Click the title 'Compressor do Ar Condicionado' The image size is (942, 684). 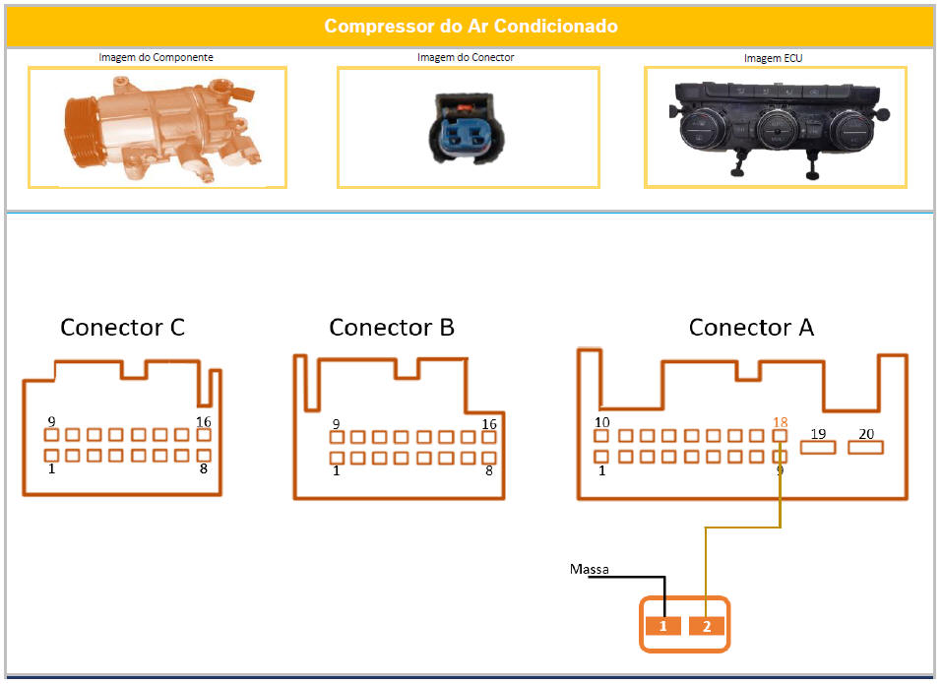pos(471,26)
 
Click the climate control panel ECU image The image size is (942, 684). pos(775,128)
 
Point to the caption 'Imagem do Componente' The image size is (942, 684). pos(156,57)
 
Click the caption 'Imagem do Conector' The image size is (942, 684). pos(466,57)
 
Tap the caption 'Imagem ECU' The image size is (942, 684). pos(775,58)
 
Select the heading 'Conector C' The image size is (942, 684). pos(122,327)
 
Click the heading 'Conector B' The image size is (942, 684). pos(392,327)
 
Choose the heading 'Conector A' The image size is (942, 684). pos(751,327)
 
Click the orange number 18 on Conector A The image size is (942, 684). pos(781,422)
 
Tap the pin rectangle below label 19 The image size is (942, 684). pos(818,448)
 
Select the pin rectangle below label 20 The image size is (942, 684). pos(866,448)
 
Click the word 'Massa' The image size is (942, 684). pos(589,569)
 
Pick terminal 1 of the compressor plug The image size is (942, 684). pos(663,626)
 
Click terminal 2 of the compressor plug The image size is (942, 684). pos(707,626)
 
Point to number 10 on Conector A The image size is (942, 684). pos(602,422)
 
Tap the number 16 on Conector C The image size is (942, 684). pos(204,421)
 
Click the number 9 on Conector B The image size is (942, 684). pos(337,424)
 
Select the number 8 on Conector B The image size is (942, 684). pos(489,471)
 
